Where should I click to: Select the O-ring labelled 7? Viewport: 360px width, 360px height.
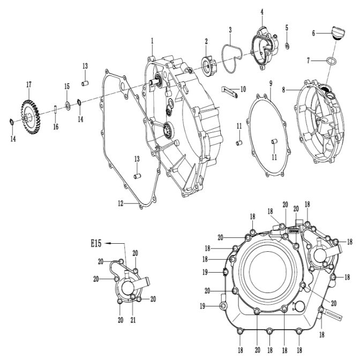coord(331,61)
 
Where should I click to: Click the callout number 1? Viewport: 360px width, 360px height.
coord(152,41)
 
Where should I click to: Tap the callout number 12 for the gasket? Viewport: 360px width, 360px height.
coord(121,203)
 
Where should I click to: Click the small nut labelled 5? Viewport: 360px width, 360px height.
coord(287,44)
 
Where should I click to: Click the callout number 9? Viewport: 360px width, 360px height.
coord(271,84)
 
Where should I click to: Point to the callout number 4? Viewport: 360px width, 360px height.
coord(262,11)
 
